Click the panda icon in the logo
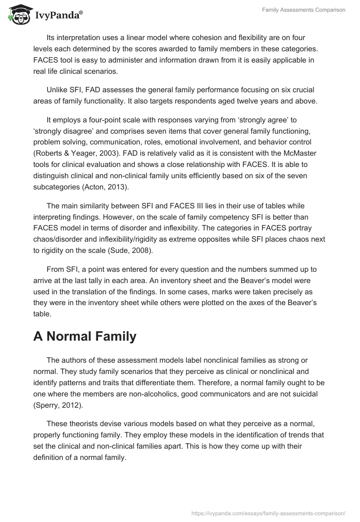(17, 15)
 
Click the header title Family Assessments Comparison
(304, 10)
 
